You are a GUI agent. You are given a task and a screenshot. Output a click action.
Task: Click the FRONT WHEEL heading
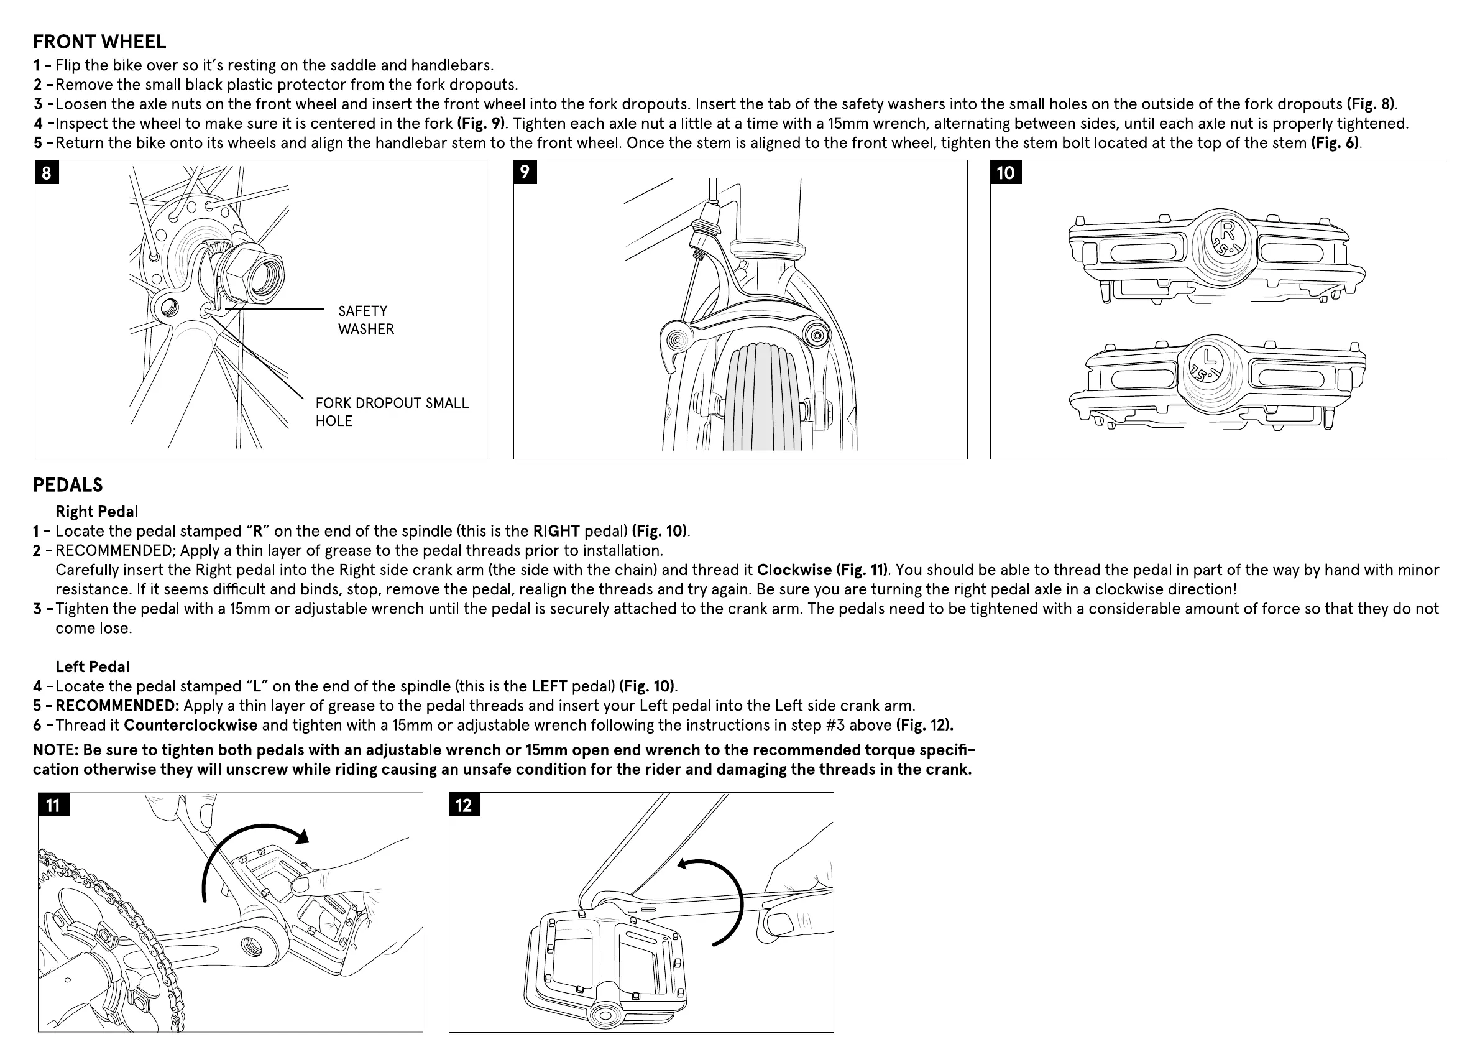99,42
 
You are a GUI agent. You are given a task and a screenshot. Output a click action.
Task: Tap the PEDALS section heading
68,485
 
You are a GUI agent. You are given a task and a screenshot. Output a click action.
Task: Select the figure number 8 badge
47,173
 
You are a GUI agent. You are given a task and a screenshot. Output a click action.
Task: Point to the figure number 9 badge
525,172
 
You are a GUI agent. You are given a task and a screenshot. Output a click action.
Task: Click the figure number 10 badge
1006,173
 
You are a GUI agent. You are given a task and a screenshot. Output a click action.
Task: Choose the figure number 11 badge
53,805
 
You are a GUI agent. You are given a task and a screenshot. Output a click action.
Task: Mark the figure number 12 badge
464,805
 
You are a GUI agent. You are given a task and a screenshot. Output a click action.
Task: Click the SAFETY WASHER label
365,320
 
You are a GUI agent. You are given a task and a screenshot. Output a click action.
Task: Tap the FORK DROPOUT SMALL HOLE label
391,412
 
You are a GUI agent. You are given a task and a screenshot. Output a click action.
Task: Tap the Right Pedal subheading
97,511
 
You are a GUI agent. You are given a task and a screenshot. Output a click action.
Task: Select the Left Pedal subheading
92,666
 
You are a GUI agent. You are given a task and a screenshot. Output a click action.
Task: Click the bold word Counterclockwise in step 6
190,725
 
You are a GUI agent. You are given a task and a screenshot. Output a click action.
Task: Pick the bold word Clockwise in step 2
794,570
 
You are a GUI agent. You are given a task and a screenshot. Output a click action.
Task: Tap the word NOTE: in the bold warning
55,750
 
